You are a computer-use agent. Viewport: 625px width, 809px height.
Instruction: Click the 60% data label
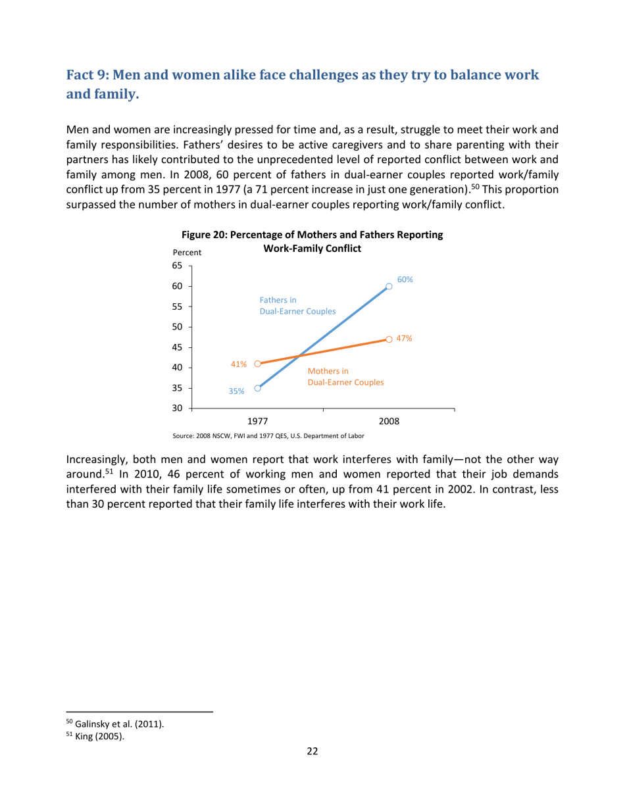click(x=405, y=279)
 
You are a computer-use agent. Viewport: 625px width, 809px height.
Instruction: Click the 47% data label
click(x=404, y=338)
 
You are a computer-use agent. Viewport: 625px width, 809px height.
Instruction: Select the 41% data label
click(x=238, y=363)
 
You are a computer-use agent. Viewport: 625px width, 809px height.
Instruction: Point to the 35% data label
click(x=236, y=391)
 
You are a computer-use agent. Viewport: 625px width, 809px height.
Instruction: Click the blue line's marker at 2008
click(x=389, y=286)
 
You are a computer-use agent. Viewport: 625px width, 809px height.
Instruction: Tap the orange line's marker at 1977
click(x=257, y=363)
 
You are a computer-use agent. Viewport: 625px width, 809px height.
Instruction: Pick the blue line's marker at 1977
click(x=257, y=388)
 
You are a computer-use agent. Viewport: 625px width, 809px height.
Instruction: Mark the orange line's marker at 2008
click(x=389, y=339)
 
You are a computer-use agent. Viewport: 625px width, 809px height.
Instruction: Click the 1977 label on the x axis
click(x=257, y=420)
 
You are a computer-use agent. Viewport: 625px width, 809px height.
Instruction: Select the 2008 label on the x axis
click(x=389, y=420)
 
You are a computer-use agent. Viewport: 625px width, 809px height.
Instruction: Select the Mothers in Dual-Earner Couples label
click(x=346, y=376)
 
